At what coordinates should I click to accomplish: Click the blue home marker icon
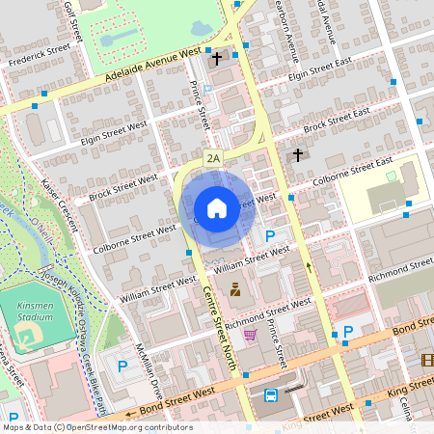coord(217,207)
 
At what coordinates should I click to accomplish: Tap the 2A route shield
coord(213,156)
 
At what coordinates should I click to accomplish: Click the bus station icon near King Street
coord(271,394)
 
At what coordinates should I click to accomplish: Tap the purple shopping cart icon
coord(251,335)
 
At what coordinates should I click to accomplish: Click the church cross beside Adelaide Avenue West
coord(217,59)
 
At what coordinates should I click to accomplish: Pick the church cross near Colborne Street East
coord(298,154)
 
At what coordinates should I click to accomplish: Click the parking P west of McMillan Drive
coord(123,366)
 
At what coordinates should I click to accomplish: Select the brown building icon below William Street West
coord(234,288)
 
